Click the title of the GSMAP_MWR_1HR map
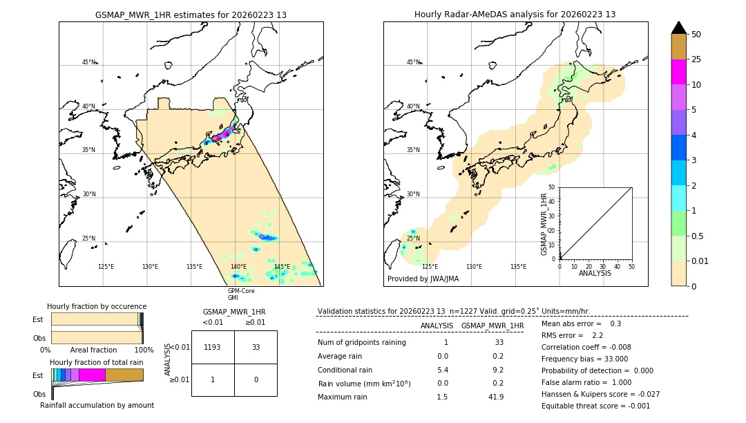[x=191, y=15]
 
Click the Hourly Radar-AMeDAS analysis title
[x=515, y=15]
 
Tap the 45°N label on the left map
[x=88, y=62]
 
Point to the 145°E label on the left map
[x=282, y=267]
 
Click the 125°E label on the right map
[x=430, y=267]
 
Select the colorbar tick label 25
[x=697, y=59]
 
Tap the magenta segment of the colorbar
[x=679, y=72]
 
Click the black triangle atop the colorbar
[x=679, y=28]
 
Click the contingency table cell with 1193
[x=213, y=347]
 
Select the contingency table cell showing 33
[x=256, y=347]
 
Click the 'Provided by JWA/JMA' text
[x=423, y=279]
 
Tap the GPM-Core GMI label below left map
[x=241, y=294]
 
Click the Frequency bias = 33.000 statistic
[x=584, y=359]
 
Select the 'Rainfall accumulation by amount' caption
[x=97, y=405]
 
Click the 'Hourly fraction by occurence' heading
[x=97, y=306]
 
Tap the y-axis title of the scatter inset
[x=544, y=224]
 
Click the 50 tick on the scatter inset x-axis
[x=631, y=266]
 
